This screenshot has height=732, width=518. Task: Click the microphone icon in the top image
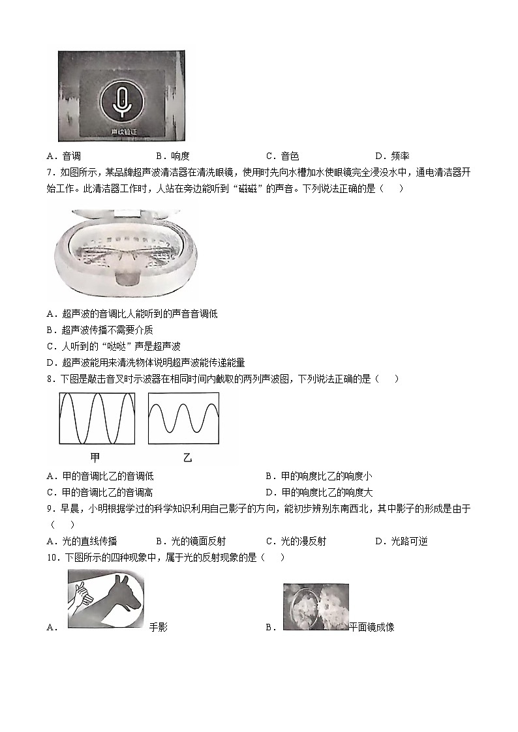[121, 100]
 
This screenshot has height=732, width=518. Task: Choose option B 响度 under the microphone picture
[173, 156]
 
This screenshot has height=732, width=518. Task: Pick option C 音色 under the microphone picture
[282, 156]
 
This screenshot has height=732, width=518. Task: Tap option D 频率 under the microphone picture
[392, 156]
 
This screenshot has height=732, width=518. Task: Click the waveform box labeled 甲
[97, 418]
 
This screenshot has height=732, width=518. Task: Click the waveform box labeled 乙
[183, 418]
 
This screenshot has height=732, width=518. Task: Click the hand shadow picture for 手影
[106, 598]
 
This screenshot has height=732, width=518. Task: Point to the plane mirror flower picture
[316, 607]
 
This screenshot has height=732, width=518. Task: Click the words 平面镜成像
[372, 627]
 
